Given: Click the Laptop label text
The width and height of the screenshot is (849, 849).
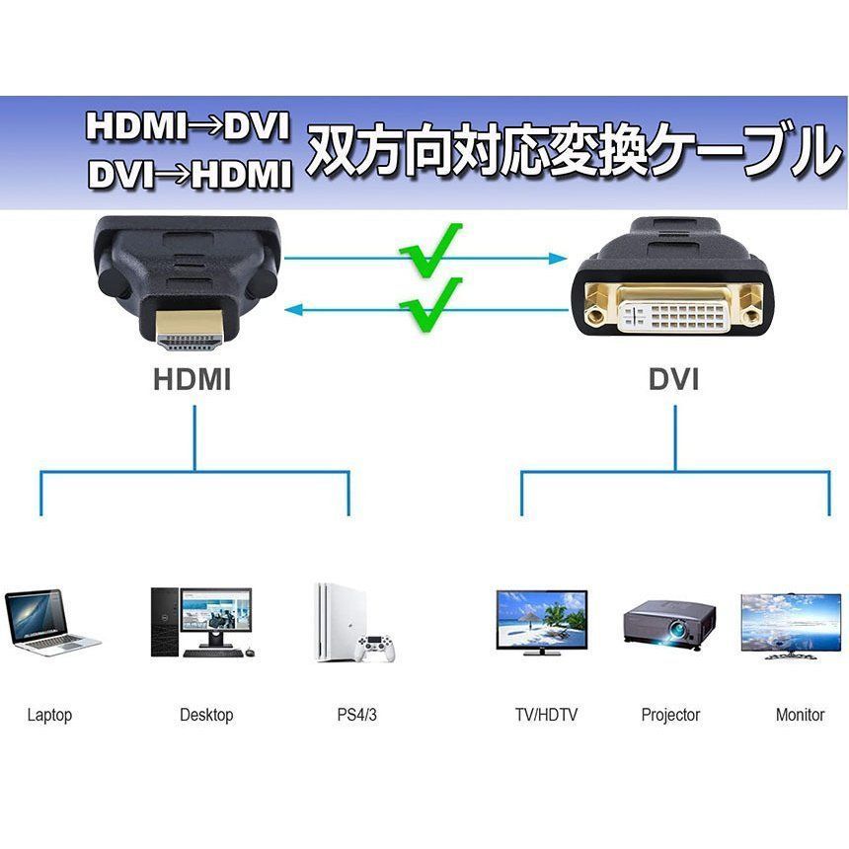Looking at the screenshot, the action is pyautogui.click(x=49, y=716).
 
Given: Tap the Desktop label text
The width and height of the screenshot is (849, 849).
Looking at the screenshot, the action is pyautogui.click(x=206, y=715).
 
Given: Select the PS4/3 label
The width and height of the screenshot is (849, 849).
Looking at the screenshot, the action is pyautogui.click(x=356, y=715).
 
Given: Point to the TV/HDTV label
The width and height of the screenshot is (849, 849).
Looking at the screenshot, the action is pyautogui.click(x=546, y=715).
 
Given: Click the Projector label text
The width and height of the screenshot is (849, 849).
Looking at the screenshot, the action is pyautogui.click(x=670, y=716).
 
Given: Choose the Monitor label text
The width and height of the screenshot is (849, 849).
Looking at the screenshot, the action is pyautogui.click(x=800, y=715).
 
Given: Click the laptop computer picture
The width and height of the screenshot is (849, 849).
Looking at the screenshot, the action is pyautogui.click(x=50, y=623).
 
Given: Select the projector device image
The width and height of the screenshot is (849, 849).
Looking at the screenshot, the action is pyautogui.click(x=669, y=625).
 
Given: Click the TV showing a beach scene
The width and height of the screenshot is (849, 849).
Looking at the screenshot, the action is pyautogui.click(x=541, y=623).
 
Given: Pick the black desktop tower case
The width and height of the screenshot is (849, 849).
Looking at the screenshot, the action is pyautogui.click(x=164, y=623).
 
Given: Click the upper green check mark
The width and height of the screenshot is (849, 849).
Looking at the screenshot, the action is pyautogui.click(x=430, y=250).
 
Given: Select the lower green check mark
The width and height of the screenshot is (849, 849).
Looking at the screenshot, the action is pyautogui.click(x=430, y=305).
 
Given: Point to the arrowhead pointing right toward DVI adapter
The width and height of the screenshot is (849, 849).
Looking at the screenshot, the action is pyautogui.click(x=557, y=259).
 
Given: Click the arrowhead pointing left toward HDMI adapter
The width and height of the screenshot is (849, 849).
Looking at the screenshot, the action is pyautogui.click(x=294, y=310).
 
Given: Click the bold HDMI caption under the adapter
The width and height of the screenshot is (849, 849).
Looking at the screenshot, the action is pyautogui.click(x=193, y=379).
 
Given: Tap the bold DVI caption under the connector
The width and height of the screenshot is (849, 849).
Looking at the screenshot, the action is pyautogui.click(x=673, y=379).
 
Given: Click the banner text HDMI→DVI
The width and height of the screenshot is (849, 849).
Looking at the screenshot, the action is pyautogui.click(x=188, y=127).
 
